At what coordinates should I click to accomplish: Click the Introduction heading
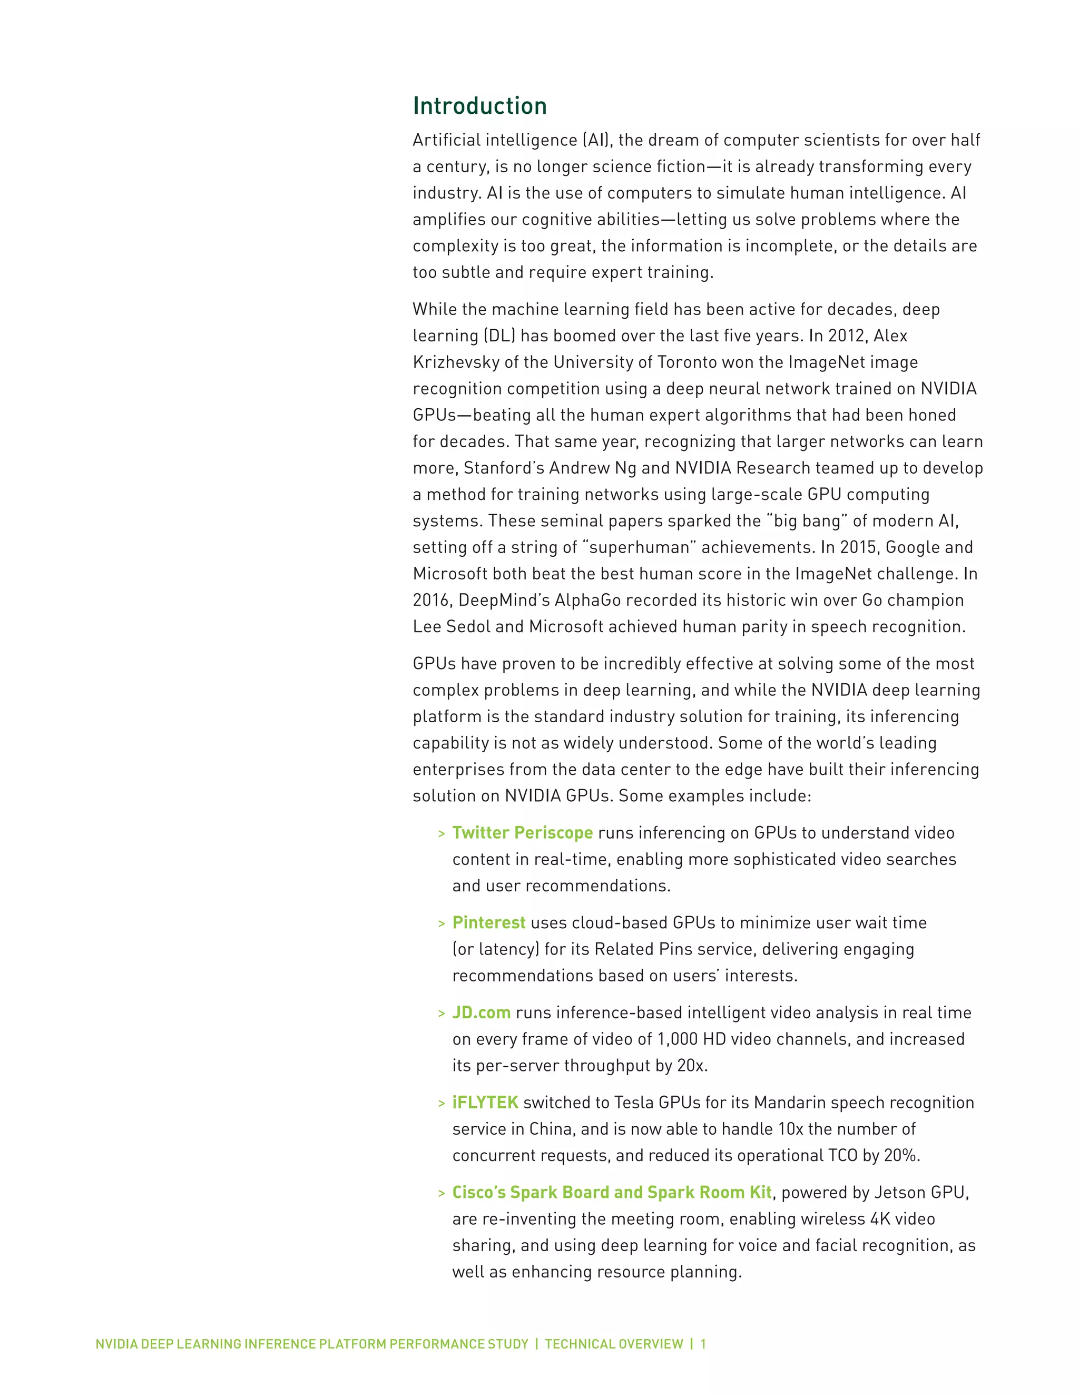coord(479,105)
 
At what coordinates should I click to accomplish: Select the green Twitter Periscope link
coord(522,832)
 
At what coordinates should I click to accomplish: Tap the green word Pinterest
coord(488,922)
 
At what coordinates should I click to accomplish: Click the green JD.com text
coord(482,1012)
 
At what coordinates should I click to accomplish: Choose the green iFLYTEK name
coord(485,1102)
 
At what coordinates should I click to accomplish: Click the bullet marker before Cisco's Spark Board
coord(441,1193)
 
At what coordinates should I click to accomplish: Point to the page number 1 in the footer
coord(703,1344)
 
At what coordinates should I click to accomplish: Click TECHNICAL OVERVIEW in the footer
coord(614,1344)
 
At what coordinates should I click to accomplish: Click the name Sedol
coord(467,626)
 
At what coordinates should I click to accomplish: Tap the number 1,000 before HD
coord(678,1039)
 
